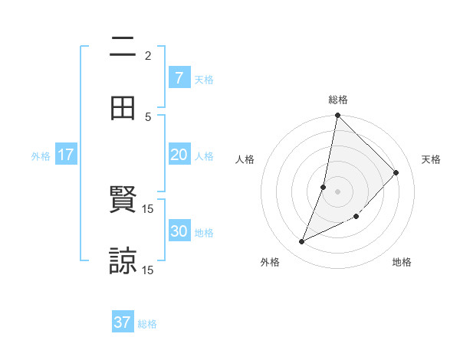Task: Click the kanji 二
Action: pos(123,47)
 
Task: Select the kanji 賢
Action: pos(123,200)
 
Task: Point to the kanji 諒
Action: pos(123,260)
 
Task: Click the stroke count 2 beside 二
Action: pos(148,55)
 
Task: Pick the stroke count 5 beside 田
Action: pos(148,116)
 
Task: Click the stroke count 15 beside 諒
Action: pos(148,270)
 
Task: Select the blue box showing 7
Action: pos(179,77)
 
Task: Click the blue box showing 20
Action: pos(179,155)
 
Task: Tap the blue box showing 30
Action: pos(179,231)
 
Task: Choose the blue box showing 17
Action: pos(66,155)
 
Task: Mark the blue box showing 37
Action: pos(123,322)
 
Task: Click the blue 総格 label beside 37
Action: pos(147,324)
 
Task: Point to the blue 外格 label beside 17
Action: pos(41,155)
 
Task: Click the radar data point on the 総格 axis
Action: pos(337,116)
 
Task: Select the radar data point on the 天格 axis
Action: pos(396,173)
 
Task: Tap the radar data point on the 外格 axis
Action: pos(302,241)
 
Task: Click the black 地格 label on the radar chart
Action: pos(402,262)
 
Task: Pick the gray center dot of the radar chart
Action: pos(337,191)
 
